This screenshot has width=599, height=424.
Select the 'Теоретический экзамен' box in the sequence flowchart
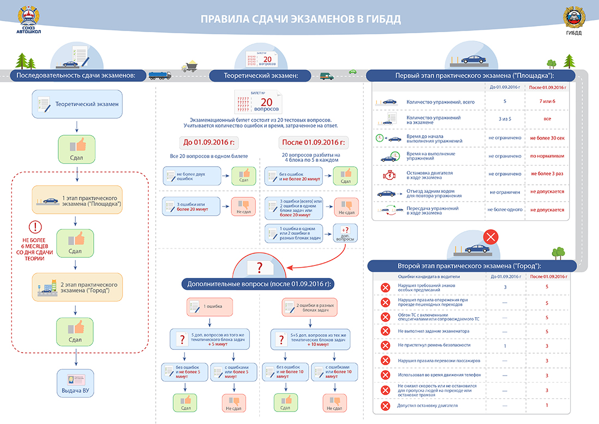point(76,103)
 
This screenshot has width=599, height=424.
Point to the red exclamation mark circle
point(35,227)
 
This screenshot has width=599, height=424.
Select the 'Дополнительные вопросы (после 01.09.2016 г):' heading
point(260,284)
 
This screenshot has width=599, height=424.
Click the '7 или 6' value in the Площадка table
point(547,101)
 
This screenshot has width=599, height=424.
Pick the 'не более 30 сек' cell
point(547,138)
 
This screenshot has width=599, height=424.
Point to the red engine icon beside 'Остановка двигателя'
point(387,174)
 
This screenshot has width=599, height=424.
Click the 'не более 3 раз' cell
point(547,174)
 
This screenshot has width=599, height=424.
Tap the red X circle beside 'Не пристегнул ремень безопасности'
point(386,346)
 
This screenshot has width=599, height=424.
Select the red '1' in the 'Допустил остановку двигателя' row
point(547,405)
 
